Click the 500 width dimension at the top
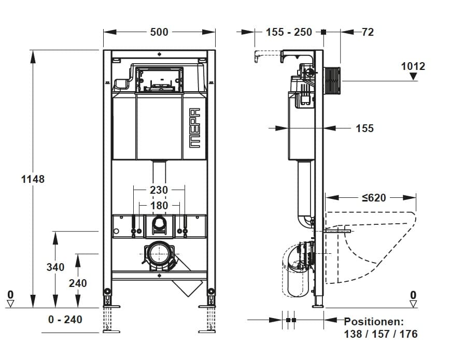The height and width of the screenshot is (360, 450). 159,32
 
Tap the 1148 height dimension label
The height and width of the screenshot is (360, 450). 33,179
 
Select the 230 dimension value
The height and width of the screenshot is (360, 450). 159,190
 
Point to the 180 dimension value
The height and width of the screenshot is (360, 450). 159,206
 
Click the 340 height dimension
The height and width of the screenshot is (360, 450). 55,267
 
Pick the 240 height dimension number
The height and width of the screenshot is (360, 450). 77,283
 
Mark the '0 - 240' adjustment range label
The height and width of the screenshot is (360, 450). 65,320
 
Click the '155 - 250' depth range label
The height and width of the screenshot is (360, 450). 289,32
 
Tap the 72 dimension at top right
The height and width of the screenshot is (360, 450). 368,32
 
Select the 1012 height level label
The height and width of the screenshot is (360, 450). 413,66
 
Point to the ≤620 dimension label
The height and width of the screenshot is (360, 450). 374,198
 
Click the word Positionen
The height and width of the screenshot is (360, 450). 374,322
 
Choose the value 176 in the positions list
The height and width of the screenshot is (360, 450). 409,334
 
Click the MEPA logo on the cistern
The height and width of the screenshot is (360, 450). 195,128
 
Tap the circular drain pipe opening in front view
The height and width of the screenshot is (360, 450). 159,254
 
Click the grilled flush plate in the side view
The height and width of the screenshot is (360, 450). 332,80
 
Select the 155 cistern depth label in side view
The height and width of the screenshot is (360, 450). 364,128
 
